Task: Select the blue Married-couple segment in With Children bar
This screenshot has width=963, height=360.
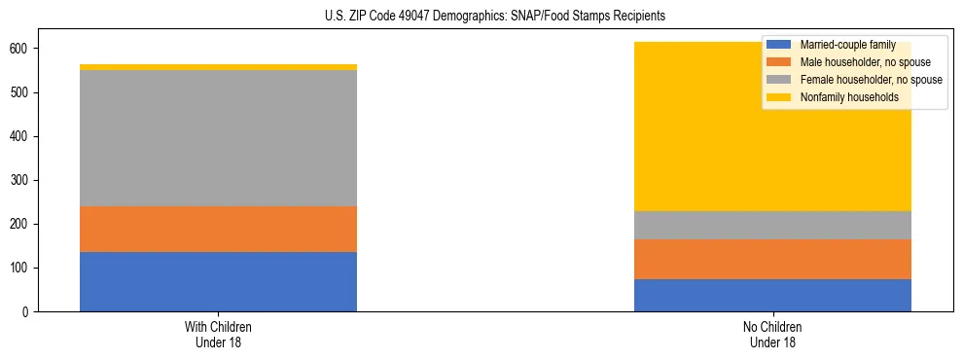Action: (x=218, y=281)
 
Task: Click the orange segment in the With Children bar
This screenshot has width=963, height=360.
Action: (x=218, y=229)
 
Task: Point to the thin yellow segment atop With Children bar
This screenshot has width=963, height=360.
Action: (x=218, y=67)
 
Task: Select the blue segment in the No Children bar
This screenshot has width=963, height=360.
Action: (x=772, y=295)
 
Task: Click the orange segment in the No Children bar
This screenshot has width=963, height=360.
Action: (x=772, y=259)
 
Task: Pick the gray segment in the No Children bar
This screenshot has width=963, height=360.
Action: (x=772, y=225)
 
